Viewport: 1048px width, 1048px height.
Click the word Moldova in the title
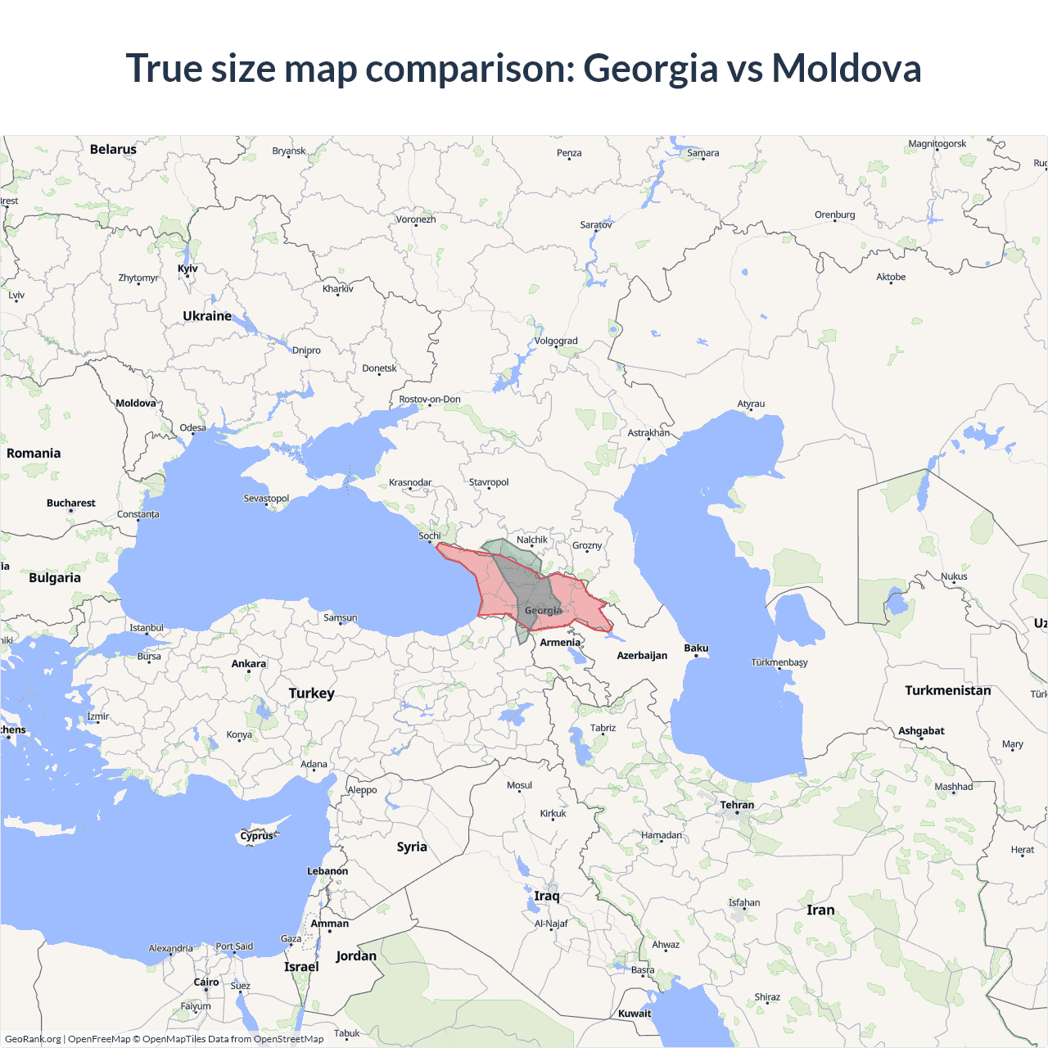click(x=847, y=68)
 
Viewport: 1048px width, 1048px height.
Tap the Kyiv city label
click(x=187, y=269)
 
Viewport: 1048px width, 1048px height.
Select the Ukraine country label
click(x=207, y=316)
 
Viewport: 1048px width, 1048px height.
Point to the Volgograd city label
click(x=556, y=341)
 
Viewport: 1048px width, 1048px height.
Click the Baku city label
click(x=696, y=648)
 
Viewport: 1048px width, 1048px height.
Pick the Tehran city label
click(x=737, y=805)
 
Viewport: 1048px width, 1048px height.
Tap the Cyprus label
click(x=256, y=836)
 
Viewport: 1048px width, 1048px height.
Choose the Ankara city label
click(x=249, y=664)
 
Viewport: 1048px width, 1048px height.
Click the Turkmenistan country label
click(x=947, y=690)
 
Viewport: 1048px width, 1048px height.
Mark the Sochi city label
click(x=430, y=536)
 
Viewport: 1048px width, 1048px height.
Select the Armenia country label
click(x=560, y=643)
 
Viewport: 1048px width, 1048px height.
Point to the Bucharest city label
click(x=71, y=504)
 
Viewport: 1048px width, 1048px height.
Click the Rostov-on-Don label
click(x=430, y=400)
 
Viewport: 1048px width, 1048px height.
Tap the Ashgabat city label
click(x=921, y=731)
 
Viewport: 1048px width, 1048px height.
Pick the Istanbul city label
click(x=147, y=628)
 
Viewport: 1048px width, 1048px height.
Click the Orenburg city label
click(x=834, y=215)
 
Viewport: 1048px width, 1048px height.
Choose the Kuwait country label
click(x=635, y=1014)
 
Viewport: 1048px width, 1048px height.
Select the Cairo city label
click(x=206, y=982)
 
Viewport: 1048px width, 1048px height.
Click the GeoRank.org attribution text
click(x=33, y=1039)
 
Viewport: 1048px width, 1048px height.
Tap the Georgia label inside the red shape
click(x=544, y=611)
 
